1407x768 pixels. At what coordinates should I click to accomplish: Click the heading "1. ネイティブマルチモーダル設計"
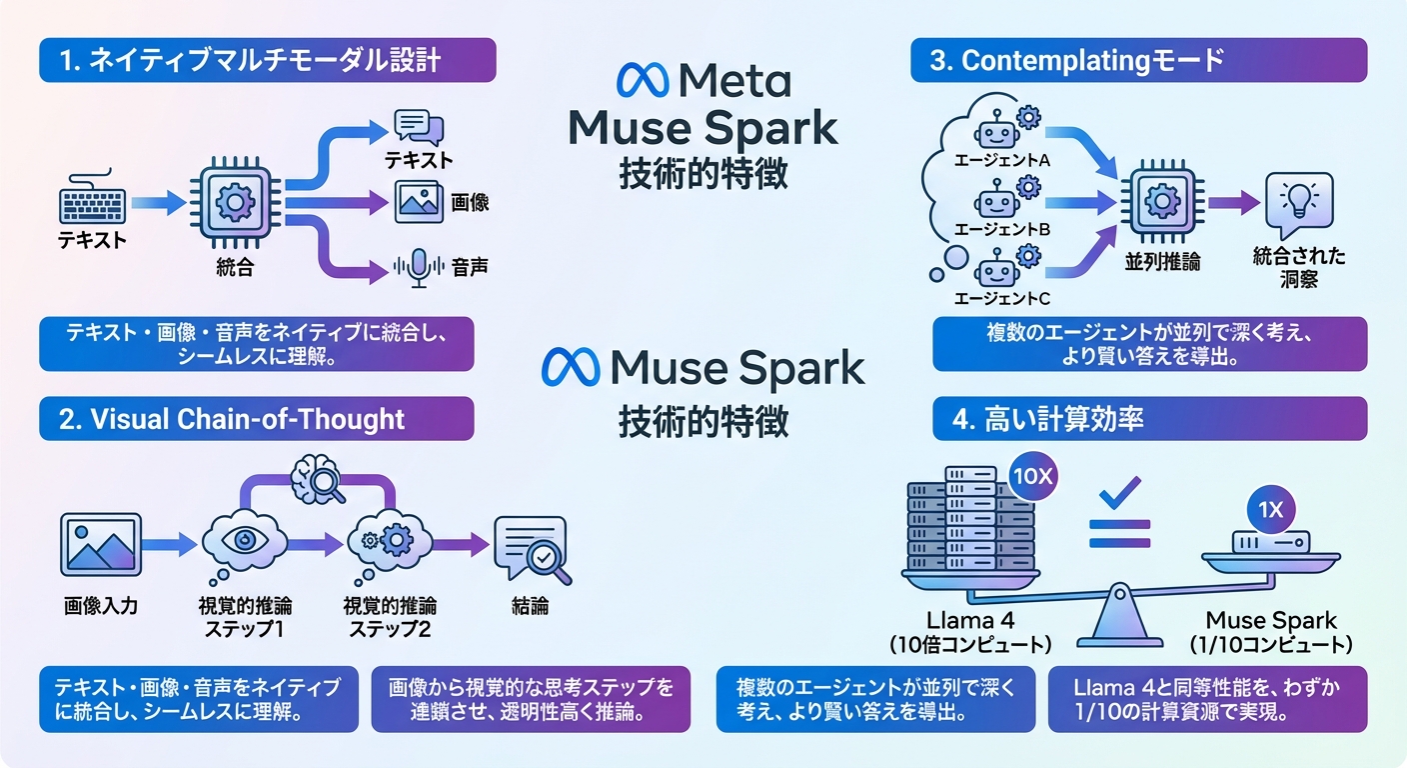(x=268, y=60)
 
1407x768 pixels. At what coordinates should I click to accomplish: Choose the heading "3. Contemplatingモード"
(x=1138, y=60)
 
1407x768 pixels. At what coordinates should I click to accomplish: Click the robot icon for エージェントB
(x=996, y=198)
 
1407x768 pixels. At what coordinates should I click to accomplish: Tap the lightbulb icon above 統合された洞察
(x=1298, y=204)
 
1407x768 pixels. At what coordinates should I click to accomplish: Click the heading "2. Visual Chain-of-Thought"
(x=256, y=419)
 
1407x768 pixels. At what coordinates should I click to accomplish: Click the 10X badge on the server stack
(x=1030, y=477)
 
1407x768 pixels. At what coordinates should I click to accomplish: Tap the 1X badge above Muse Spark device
(x=1269, y=510)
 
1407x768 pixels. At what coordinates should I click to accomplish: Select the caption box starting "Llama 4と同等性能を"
(x=1207, y=699)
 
